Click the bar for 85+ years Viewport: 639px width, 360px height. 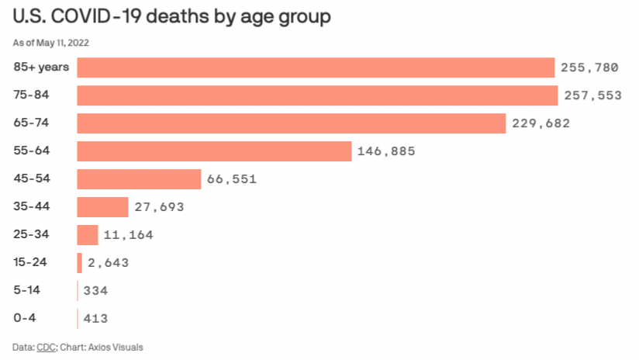316,67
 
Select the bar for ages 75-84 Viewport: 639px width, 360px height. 317,95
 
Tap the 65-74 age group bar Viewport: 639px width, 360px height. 292,123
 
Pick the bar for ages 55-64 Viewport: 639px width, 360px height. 214,151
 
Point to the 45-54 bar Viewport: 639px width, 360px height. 139,179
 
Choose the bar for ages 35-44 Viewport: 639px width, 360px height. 102,207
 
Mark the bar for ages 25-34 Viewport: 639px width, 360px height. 88,235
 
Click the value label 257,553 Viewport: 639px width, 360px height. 591,95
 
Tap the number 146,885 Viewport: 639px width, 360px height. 386,151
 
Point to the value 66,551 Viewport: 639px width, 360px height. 232,179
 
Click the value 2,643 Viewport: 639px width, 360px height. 108,263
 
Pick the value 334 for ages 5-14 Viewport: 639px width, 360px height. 95,291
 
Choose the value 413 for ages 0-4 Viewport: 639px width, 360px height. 95,319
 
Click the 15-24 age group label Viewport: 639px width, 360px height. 30,262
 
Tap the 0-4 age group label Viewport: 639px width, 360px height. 25,318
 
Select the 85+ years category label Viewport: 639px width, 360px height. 41,67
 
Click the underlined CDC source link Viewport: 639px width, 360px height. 46,347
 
